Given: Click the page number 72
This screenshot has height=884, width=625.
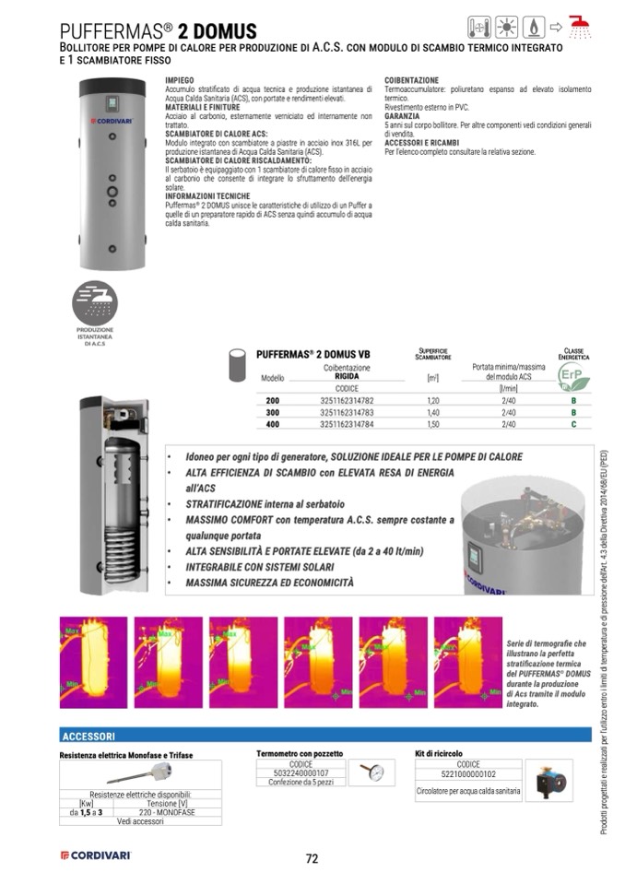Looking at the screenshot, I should [312, 858].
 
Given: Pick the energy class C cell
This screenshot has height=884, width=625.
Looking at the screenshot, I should [573, 424].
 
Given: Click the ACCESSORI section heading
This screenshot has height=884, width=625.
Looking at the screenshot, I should [88, 737].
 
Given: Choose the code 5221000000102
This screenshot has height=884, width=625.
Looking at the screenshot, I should [468, 774].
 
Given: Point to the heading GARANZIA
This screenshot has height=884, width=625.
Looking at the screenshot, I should [402, 116].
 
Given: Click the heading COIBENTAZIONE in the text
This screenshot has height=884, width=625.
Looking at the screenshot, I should [411, 80].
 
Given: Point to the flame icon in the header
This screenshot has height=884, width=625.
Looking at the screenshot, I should [536, 25].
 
